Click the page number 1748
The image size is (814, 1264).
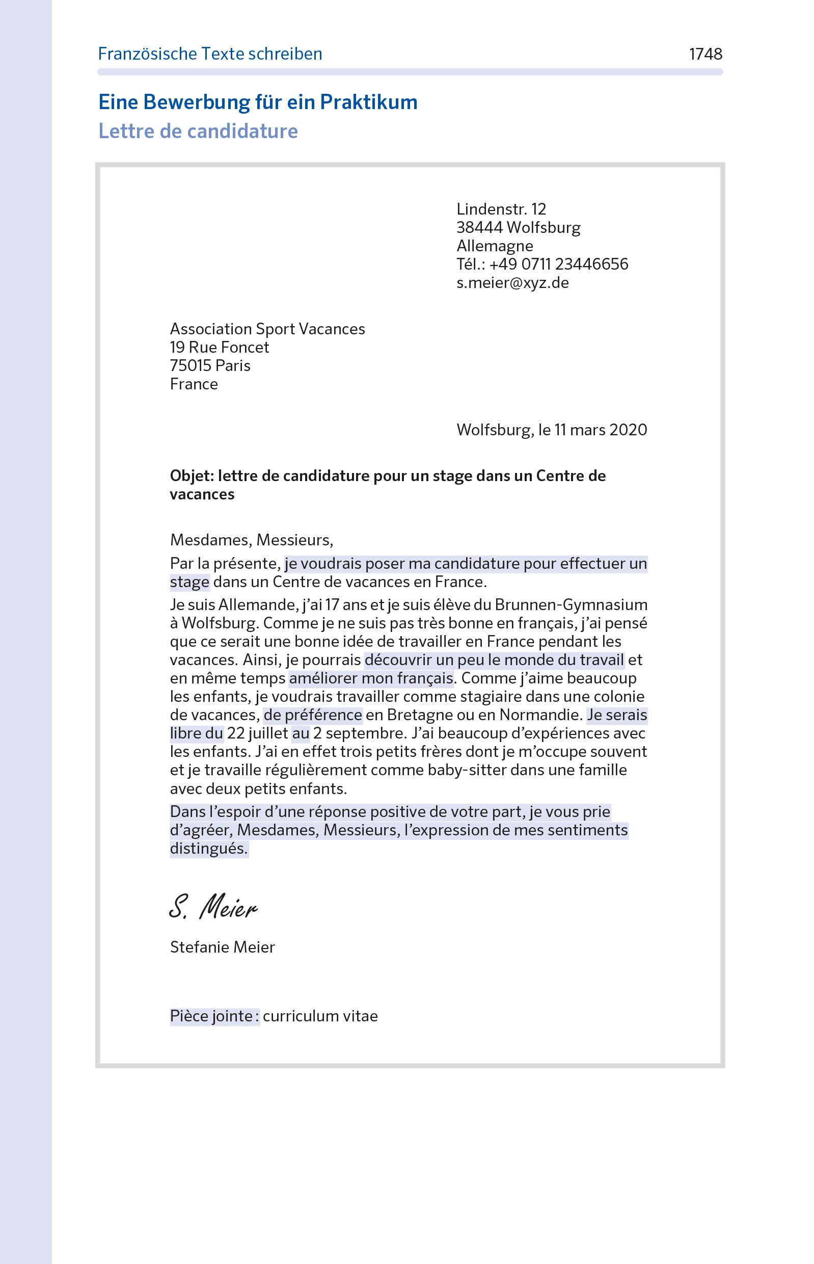pyautogui.click(x=705, y=54)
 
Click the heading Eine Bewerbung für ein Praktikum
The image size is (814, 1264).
pyautogui.click(x=257, y=102)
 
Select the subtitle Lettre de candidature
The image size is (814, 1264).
pyautogui.click(x=198, y=131)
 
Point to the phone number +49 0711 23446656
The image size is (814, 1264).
pyautogui.click(x=558, y=265)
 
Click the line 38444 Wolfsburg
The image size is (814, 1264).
pyautogui.click(x=518, y=227)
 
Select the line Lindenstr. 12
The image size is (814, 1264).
pyautogui.click(x=501, y=209)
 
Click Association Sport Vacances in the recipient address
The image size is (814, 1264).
pyautogui.click(x=267, y=329)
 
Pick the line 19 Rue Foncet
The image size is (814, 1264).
pyautogui.click(x=220, y=348)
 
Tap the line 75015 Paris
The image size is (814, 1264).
pyautogui.click(x=210, y=366)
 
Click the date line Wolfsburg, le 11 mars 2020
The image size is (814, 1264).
pyautogui.click(x=551, y=430)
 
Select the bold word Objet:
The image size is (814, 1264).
pyautogui.click(x=192, y=476)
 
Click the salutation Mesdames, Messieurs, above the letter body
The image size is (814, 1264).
pyautogui.click(x=251, y=540)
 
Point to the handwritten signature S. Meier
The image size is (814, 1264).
pyautogui.click(x=213, y=907)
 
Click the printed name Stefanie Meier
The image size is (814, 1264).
pyautogui.click(x=222, y=947)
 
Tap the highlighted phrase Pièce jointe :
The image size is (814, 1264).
pyautogui.click(x=214, y=1016)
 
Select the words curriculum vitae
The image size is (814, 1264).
pyautogui.click(x=320, y=1016)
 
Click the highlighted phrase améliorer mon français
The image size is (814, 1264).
pyautogui.click(x=371, y=678)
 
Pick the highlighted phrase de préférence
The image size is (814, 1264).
pyautogui.click(x=313, y=716)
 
